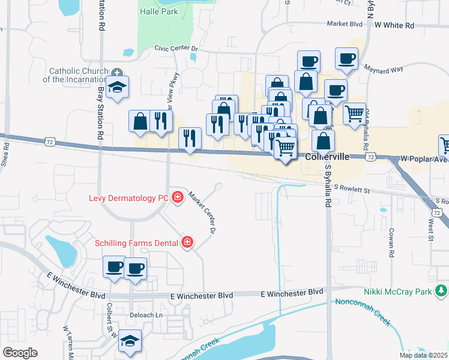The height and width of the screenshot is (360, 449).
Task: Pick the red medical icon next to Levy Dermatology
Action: pyautogui.click(x=178, y=197)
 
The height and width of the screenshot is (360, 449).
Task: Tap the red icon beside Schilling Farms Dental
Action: pyautogui.click(x=188, y=242)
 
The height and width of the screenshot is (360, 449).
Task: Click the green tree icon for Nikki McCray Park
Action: pyautogui.click(x=442, y=292)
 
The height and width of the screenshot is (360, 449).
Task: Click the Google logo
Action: pyautogui.click(x=20, y=353)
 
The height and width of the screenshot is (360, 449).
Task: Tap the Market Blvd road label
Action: pyautogui.click(x=345, y=24)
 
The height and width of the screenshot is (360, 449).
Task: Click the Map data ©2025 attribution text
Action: pyautogui.click(x=423, y=355)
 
